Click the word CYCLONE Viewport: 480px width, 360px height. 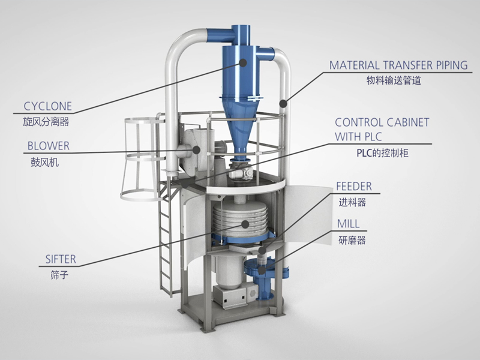pyautogui.click(x=48, y=106)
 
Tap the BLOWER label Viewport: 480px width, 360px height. pyautogui.click(x=49, y=146)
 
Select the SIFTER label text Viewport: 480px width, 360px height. pyautogui.click(x=61, y=259)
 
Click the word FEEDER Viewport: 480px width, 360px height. pyautogui.click(x=354, y=186)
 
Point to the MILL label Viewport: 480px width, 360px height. pyautogui.click(x=349, y=224)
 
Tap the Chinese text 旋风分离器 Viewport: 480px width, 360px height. pyautogui.click(x=46, y=122)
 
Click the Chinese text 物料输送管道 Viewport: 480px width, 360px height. pyautogui.click(x=394, y=80)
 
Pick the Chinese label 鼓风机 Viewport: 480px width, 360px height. pyautogui.click(x=44, y=162)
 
